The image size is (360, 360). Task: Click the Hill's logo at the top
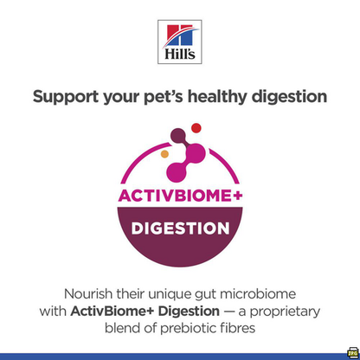[x=180, y=42]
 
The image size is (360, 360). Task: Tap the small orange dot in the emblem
[x=165, y=154]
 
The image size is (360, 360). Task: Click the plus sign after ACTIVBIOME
[x=235, y=198]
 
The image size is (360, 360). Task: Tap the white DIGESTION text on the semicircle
[x=180, y=229]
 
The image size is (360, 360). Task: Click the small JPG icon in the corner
[x=352, y=352]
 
